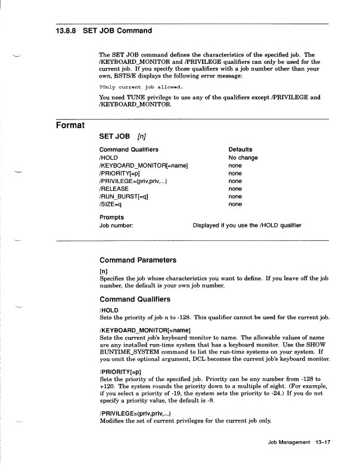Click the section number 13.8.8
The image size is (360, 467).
coord(61,30)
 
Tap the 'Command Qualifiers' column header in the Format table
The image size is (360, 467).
coord(129,150)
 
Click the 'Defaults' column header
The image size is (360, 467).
coord(240,150)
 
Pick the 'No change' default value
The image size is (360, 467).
coord(243,157)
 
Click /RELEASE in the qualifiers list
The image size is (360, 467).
coord(114,188)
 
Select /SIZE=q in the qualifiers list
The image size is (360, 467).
coord(111,204)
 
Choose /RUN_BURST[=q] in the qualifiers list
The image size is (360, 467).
coord(123,196)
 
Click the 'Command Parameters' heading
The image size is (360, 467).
coord(138,260)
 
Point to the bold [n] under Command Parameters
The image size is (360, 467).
coord(103,270)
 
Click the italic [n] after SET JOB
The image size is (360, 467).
coord(142,137)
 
